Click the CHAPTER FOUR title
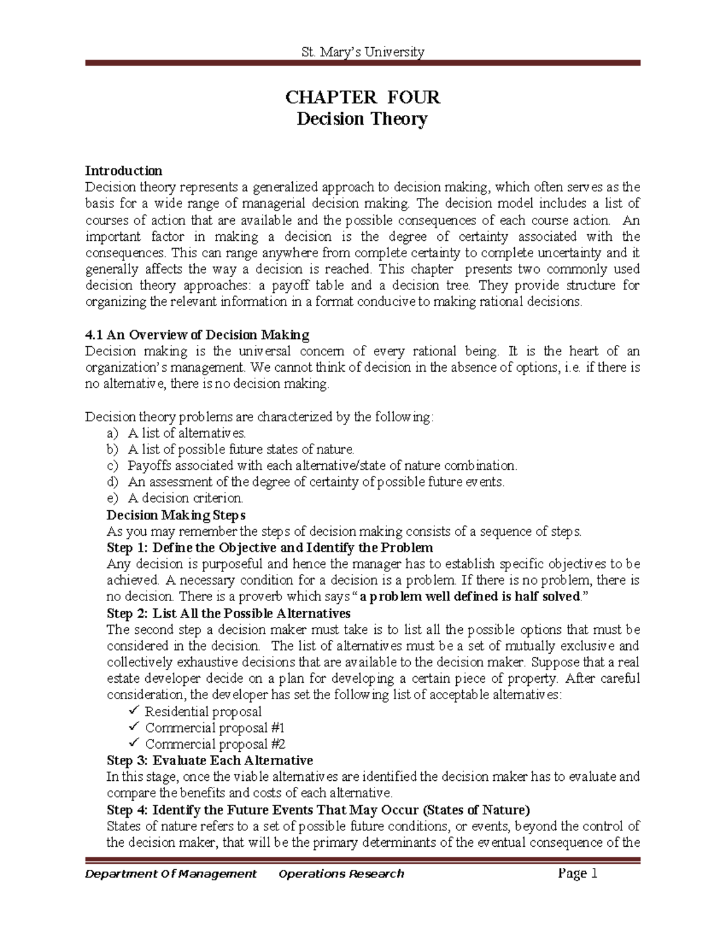coord(362,97)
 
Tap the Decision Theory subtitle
coord(362,119)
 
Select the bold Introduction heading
coord(123,171)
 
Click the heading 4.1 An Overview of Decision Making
coord(197,335)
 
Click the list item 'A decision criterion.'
coord(185,499)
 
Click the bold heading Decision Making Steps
coord(176,515)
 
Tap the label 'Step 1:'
coord(128,548)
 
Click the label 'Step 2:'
coord(128,613)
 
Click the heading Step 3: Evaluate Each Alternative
coord(209,760)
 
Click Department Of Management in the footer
coord(171,873)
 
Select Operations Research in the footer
coord(341,873)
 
